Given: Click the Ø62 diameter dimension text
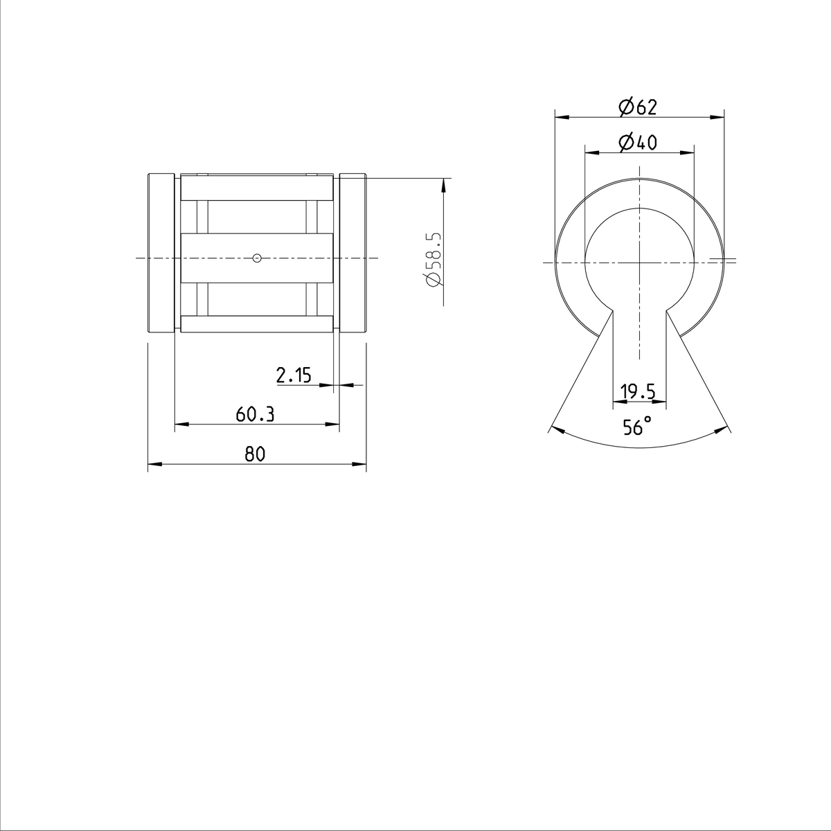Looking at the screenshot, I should (x=638, y=107).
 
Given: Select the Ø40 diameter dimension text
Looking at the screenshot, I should (x=638, y=143).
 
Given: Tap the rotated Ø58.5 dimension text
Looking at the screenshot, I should (x=434, y=259).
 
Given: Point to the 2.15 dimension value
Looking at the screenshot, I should (x=294, y=375).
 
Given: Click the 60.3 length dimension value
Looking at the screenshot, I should (x=255, y=414).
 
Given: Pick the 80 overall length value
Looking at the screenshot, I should (x=255, y=454).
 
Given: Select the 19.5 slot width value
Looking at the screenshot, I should (x=638, y=392).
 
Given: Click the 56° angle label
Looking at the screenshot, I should (x=637, y=427).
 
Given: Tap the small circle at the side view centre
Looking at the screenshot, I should (x=257, y=258).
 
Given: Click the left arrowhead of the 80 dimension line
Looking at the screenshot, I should (x=154, y=464).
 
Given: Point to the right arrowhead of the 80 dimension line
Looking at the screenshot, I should (x=360, y=464).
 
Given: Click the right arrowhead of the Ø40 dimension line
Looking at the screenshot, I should (x=688, y=152).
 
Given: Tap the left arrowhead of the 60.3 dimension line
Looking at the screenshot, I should (x=180, y=424).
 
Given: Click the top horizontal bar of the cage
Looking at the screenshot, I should (x=257, y=190).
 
